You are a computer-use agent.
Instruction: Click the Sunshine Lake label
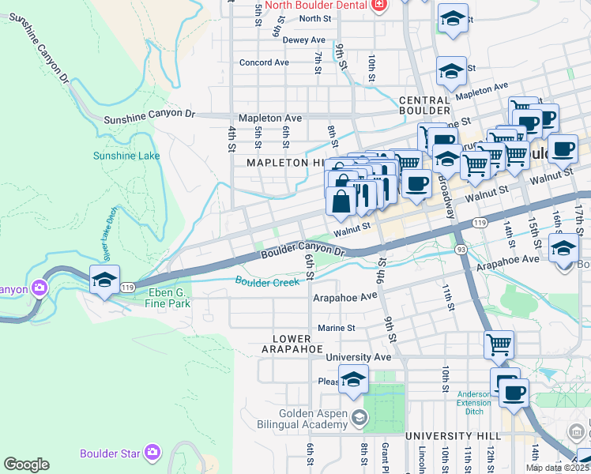tap(126, 156)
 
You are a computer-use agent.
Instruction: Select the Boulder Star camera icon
tap(152, 453)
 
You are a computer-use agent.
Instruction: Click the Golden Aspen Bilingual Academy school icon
tap(359, 417)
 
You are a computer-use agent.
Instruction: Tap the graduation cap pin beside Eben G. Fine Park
tap(104, 280)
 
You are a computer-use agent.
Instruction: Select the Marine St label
tap(337, 328)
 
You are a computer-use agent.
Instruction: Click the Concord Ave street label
tap(265, 62)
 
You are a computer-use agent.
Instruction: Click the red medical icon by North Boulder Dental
tap(380, 5)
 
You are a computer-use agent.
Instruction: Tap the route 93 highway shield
tap(460, 250)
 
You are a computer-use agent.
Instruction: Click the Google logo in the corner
tap(26, 465)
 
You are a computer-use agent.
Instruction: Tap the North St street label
tap(314, 18)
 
